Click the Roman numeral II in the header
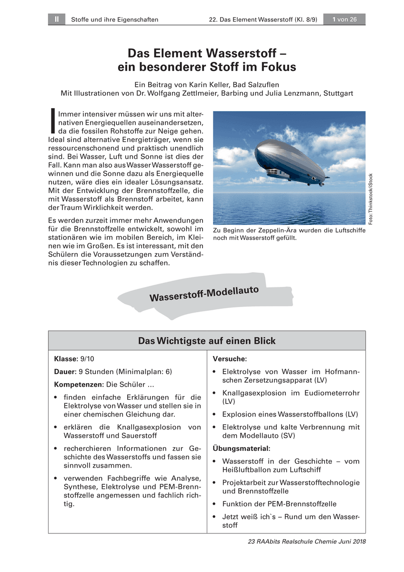(x=56, y=20)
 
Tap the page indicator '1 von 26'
(x=344, y=20)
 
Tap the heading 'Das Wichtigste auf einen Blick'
(x=206, y=341)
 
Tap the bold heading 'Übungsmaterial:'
(x=242, y=449)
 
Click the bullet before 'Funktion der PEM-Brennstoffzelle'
(x=215, y=504)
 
